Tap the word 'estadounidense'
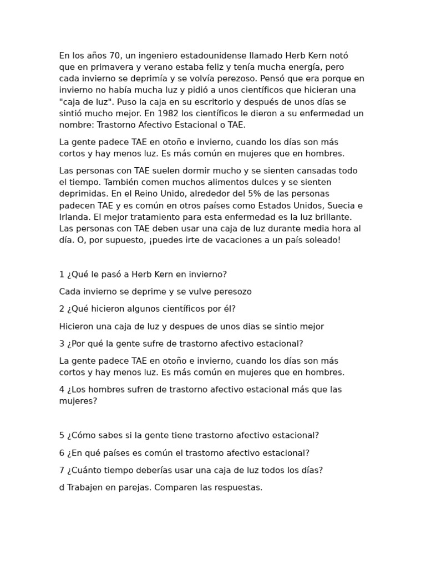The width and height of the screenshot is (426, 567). (x=215, y=55)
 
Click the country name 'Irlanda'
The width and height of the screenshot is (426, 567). (x=74, y=217)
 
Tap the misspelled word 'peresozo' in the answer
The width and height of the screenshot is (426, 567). (x=230, y=291)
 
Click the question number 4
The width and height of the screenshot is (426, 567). (x=62, y=389)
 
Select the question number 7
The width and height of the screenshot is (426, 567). (x=62, y=470)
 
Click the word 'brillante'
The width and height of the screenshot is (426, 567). (x=333, y=217)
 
